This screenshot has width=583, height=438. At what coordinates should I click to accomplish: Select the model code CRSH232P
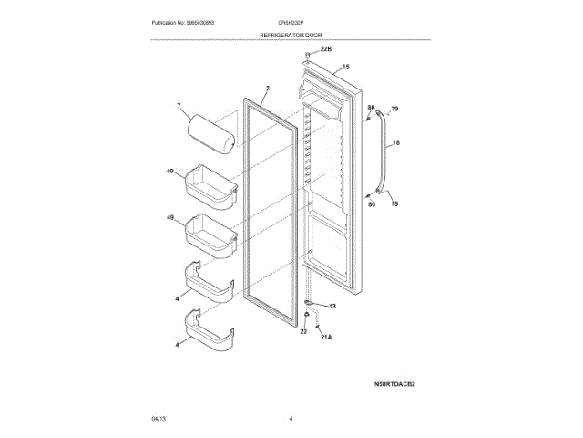click(x=291, y=22)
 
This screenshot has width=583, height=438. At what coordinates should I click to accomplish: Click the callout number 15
click(x=346, y=67)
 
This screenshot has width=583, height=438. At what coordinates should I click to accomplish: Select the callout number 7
click(x=179, y=107)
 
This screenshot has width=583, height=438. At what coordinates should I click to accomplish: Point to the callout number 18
click(x=396, y=143)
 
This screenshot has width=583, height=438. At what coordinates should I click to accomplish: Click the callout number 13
click(x=332, y=306)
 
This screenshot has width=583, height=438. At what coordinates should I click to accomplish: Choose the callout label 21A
click(x=326, y=338)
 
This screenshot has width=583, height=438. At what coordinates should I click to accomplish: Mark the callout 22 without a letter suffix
click(x=304, y=331)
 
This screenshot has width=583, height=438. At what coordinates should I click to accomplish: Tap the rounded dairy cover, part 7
click(x=210, y=128)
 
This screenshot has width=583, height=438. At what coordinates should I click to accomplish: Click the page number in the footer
click(x=291, y=418)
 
